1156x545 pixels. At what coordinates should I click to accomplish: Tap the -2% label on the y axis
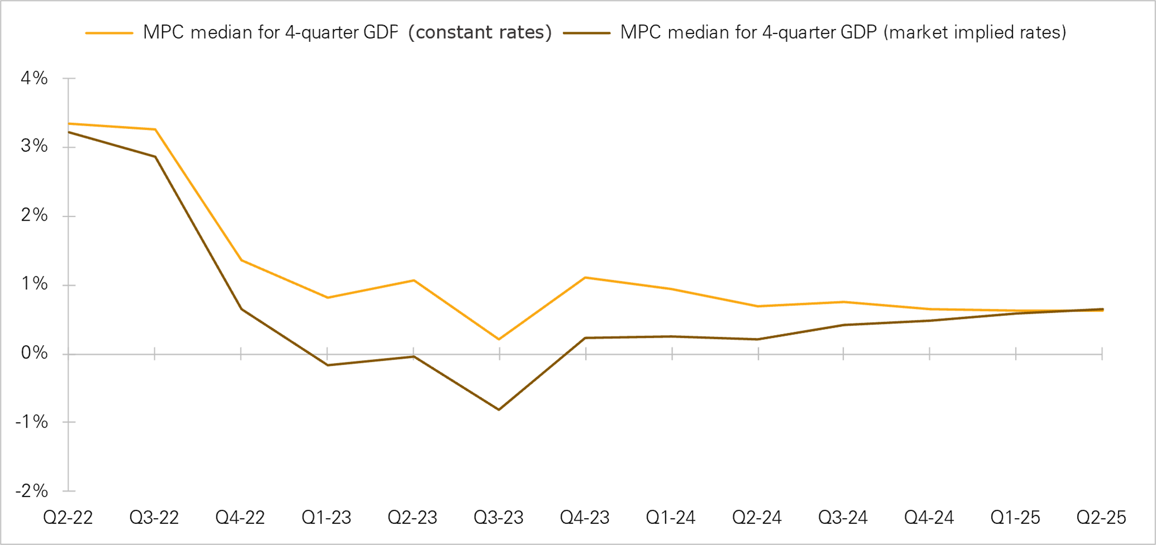click(x=32, y=491)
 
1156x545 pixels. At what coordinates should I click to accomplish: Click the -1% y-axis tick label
click(x=32, y=422)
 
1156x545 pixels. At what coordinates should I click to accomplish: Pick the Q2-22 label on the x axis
click(x=68, y=518)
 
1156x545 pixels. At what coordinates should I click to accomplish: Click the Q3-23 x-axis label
click(x=499, y=518)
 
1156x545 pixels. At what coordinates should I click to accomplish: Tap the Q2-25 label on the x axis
click(x=1101, y=518)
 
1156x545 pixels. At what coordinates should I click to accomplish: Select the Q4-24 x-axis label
click(x=929, y=518)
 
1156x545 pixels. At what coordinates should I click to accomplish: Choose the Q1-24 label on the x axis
click(x=671, y=518)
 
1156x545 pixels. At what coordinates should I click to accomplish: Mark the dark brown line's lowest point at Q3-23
click(x=499, y=409)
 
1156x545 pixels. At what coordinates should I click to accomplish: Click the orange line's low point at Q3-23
click(x=499, y=339)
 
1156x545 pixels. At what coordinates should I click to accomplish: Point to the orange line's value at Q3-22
click(x=155, y=130)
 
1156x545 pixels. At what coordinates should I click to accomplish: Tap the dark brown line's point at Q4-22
click(x=241, y=309)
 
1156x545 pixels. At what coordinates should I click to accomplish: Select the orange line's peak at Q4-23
click(x=585, y=278)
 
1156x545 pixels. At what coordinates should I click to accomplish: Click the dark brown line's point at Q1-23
click(x=327, y=365)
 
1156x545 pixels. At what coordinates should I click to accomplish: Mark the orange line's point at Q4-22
click(x=241, y=260)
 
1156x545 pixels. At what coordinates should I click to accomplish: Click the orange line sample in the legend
click(x=109, y=33)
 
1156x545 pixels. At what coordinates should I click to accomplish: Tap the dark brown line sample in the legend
click(x=586, y=33)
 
